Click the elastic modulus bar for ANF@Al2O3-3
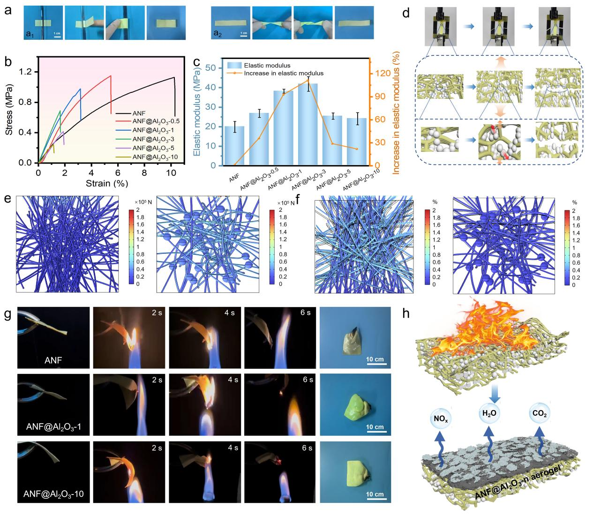point(308,124)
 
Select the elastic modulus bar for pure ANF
point(234,146)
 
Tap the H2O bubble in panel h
point(488,415)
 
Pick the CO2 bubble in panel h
point(537,415)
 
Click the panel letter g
point(8,314)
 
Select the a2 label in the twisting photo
point(218,33)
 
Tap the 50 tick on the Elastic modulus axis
point(216,68)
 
